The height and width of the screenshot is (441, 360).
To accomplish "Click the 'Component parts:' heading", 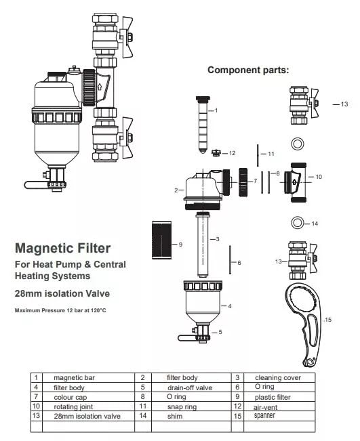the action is tap(248, 70).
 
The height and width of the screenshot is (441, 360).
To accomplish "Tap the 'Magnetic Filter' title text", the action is tap(63, 249).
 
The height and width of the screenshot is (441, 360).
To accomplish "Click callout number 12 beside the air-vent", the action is tap(233, 153).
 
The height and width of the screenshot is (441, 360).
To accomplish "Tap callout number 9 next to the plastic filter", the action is tap(180, 245).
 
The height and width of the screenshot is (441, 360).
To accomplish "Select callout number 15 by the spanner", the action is tap(328, 320).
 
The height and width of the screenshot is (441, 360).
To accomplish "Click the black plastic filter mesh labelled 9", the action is tap(161, 240).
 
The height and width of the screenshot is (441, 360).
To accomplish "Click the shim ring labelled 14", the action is tap(292, 223).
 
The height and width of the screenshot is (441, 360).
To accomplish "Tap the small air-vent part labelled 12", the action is tap(216, 153).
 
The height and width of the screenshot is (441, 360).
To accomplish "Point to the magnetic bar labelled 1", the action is tap(203, 125).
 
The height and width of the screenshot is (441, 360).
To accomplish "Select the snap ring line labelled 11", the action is tap(258, 155).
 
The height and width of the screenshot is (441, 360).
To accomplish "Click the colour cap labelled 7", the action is tap(243, 182).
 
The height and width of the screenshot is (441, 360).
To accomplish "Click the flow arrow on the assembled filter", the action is tap(99, 87).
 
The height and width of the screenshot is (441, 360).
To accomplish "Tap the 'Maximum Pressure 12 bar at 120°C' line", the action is tap(60, 310).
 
